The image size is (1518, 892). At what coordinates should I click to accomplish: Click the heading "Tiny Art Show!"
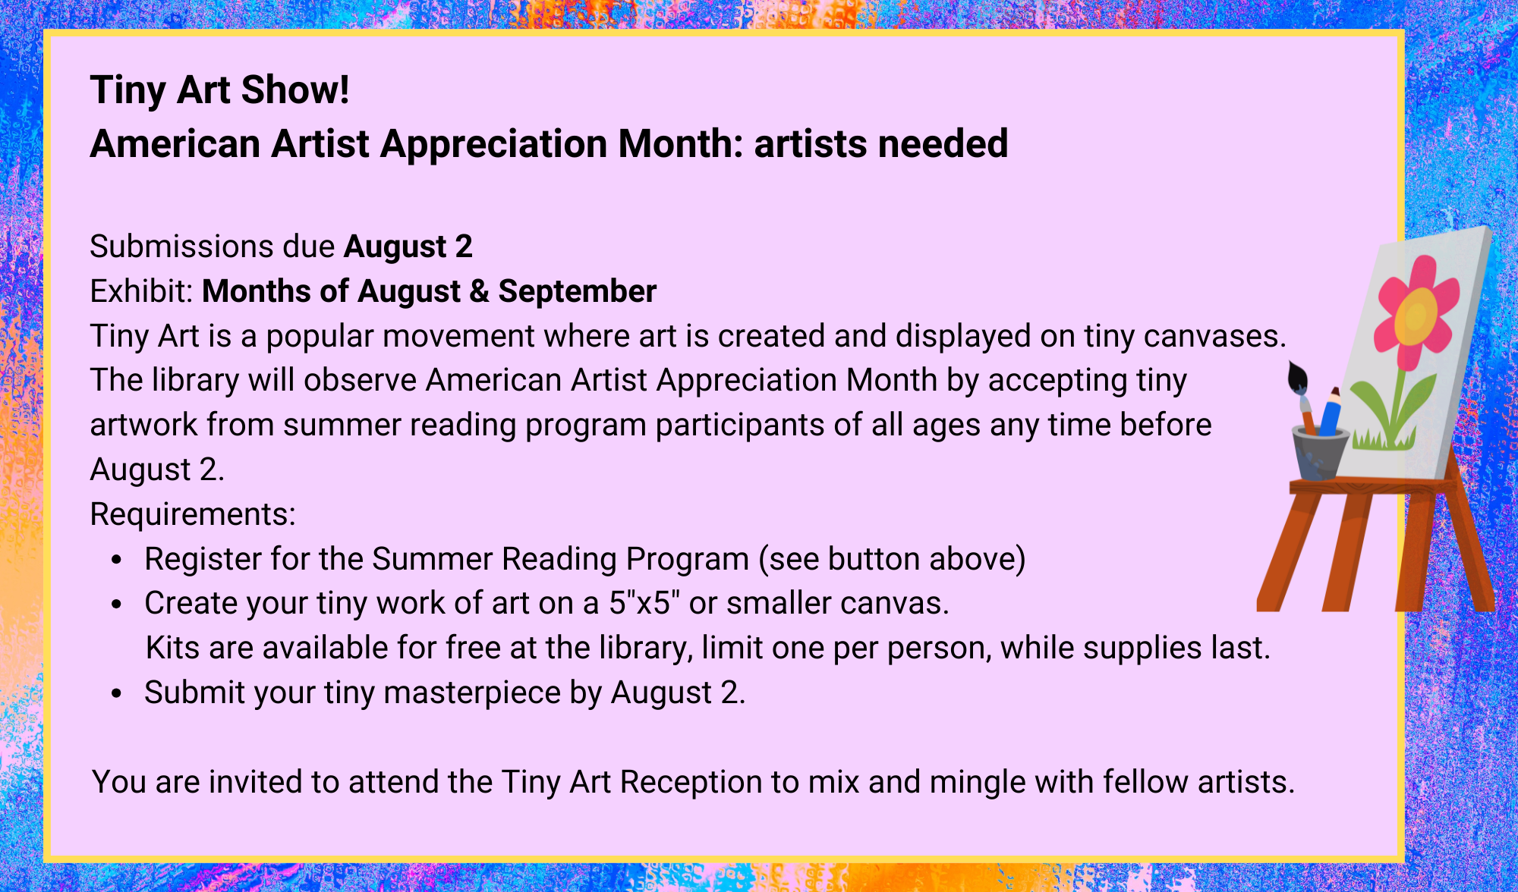[219, 90]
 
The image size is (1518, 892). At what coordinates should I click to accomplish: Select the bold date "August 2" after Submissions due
[408, 247]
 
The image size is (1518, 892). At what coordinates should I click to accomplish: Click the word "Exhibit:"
[143, 291]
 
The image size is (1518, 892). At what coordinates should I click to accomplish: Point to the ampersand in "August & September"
[479, 292]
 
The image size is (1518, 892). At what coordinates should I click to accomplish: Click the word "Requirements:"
[193, 515]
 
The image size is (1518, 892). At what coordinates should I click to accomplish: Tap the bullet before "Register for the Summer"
[116, 561]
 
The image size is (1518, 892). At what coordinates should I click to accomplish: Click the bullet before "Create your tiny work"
[116, 605]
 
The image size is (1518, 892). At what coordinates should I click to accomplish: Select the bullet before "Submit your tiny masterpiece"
[116, 693]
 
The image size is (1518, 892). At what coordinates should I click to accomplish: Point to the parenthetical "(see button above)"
[892, 560]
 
